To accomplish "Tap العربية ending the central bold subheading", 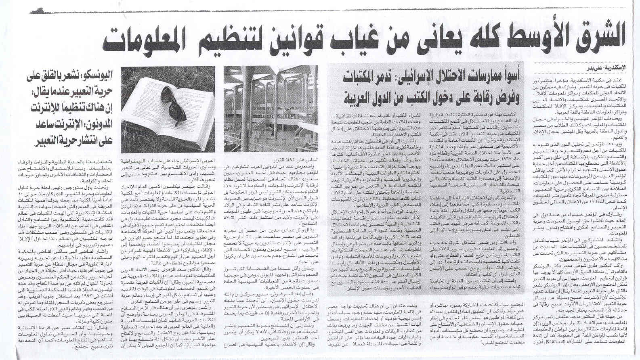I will coord(359,97).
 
